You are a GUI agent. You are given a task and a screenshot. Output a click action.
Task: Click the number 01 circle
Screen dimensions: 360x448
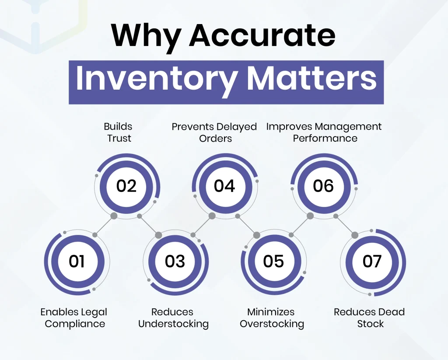tap(77, 261)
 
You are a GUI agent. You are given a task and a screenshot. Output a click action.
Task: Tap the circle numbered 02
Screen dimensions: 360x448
tap(126, 186)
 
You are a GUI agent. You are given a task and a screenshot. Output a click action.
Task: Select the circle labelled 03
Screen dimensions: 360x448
tap(175, 261)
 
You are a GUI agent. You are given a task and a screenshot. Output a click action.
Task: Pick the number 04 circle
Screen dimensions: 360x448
tap(224, 186)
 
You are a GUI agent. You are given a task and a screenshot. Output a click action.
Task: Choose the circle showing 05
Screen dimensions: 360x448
tap(273, 261)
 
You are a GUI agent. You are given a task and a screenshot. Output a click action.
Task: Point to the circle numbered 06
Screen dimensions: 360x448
tap(323, 186)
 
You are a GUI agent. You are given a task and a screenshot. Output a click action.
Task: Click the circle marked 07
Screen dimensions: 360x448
tap(372, 261)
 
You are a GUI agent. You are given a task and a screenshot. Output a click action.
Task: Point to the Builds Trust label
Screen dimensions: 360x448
tap(118, 132)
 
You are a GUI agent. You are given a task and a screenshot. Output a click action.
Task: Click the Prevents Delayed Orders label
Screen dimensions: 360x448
tap(214, 132)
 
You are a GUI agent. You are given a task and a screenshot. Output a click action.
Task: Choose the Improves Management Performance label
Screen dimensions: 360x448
tap(324, 132)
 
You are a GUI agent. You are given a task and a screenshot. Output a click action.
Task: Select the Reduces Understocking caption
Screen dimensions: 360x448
tap(173, 318)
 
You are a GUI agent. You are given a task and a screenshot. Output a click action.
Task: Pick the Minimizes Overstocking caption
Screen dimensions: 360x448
tap(272, 318)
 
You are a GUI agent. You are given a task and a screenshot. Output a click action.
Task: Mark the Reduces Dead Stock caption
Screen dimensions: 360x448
tap(369, 318)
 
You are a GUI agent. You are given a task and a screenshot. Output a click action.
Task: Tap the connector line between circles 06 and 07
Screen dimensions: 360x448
tap(345, 226)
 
